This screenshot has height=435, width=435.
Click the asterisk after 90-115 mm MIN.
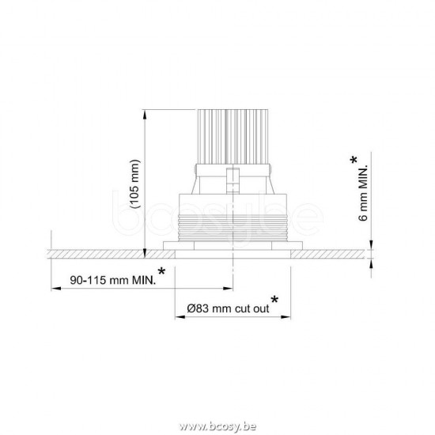(x=162, y=273)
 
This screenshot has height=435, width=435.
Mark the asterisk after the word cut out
(x=274, y=300)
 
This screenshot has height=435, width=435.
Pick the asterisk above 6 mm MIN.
(x=352, y=161)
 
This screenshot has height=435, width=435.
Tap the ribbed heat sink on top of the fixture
(x=230, y=135)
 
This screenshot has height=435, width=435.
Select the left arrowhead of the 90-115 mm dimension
(x=54, y=288)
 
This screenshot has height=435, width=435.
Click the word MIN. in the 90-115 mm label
(x=142, y=280)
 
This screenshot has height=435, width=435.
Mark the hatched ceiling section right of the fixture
(x=332, y=253)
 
